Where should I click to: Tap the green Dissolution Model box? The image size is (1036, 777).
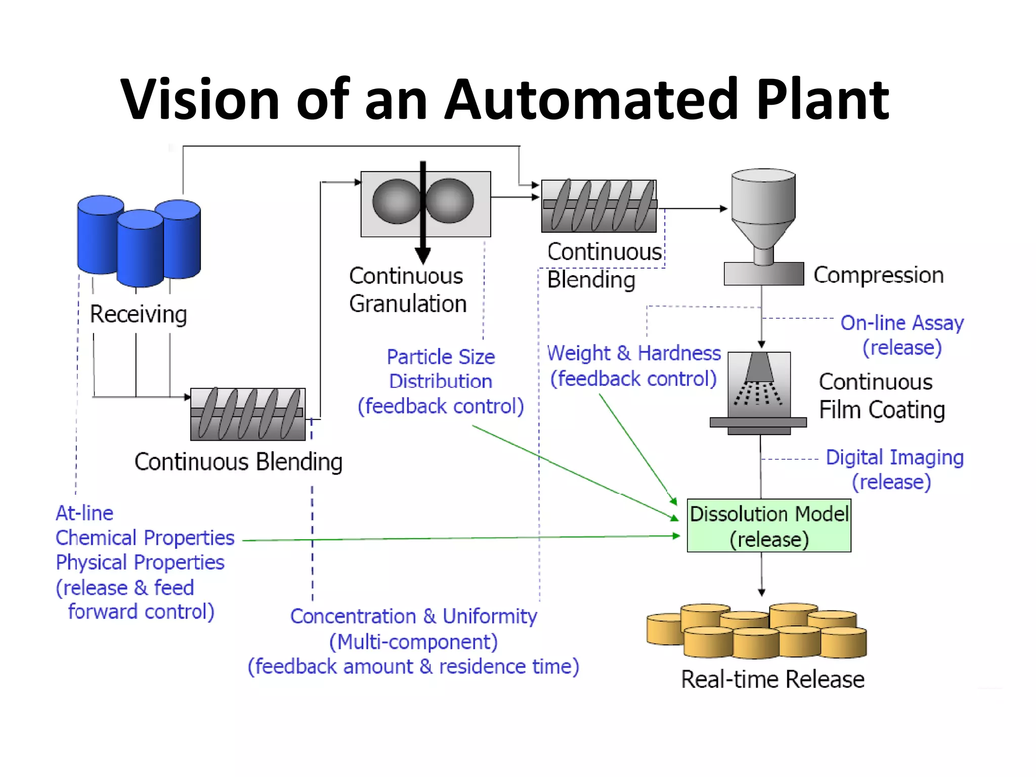[768, 526]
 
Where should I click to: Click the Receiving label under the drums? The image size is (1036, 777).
[138, 314]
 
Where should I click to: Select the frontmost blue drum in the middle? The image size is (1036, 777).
[140, 249]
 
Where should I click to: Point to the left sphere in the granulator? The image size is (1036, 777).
[396, 201]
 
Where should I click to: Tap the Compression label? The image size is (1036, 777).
[878, 275]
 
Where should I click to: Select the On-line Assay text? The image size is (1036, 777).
[902, 323]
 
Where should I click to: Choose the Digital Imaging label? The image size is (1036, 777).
[894, 457]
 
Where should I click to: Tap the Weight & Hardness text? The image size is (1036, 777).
[634, 353]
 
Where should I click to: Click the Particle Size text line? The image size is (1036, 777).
[441, 357]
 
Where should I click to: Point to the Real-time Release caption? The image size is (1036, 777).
[772, 679]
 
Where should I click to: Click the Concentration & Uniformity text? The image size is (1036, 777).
[413, 617]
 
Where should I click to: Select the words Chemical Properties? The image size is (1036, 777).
[145, 538]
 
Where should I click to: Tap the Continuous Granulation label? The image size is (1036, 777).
[407, 290]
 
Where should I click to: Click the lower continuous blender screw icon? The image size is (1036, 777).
[248, 414]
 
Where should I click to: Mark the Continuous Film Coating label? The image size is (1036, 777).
[881, 396]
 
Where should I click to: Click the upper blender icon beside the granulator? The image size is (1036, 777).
[598, 206]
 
